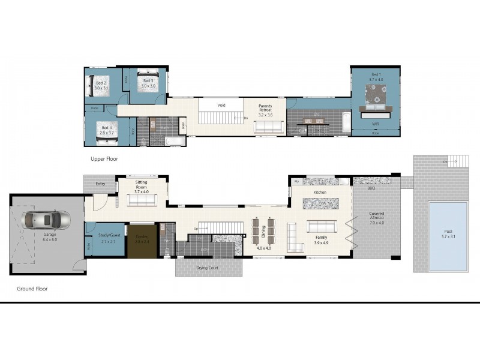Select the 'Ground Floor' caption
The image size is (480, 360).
click(32, 289)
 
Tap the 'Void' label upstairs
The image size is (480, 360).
click(221, 105)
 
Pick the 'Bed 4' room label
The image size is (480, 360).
click(106, 128)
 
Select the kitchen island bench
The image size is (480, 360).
click(320, 203)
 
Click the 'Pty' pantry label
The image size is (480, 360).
click(296, 181)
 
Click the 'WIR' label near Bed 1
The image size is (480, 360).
click(376, 124)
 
